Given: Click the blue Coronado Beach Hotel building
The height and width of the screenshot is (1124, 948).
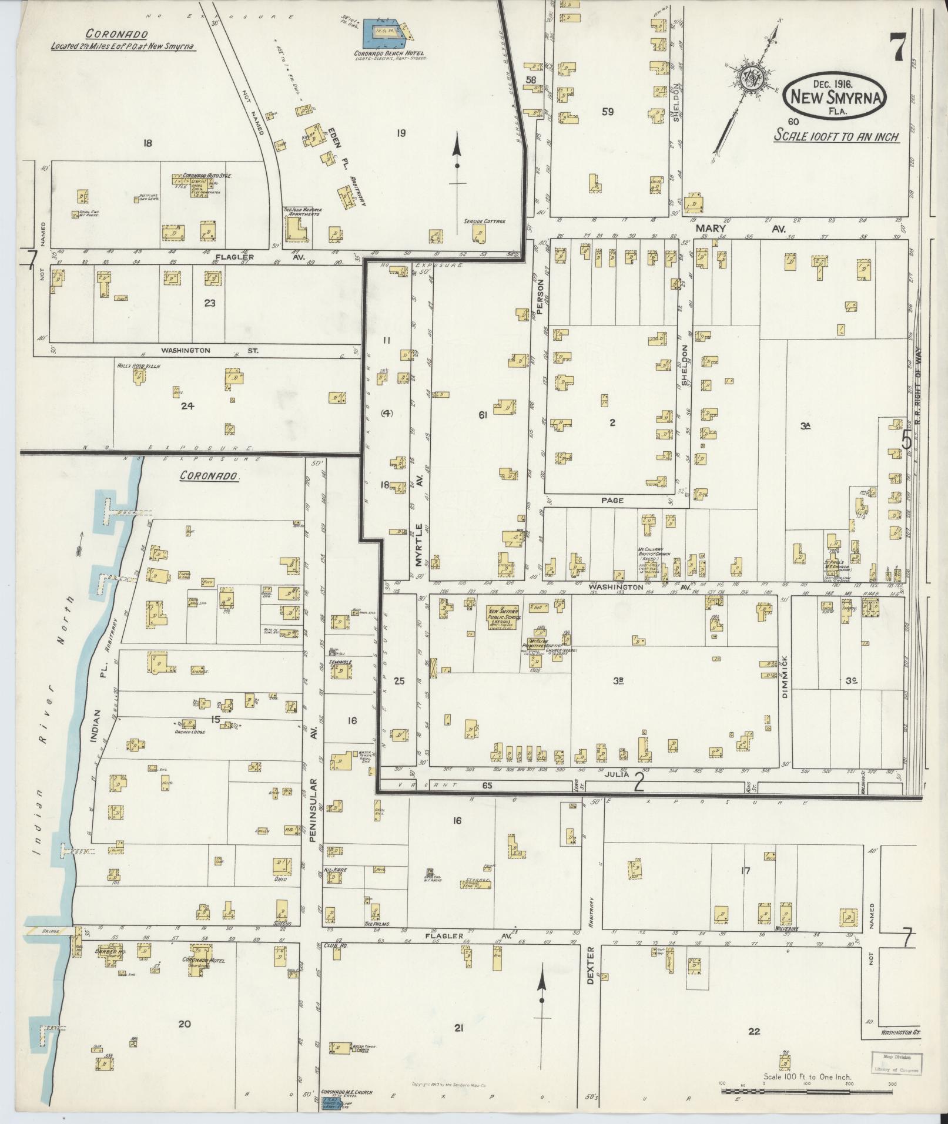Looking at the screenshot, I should point(386,33).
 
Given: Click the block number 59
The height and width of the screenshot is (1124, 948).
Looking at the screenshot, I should point(607,111).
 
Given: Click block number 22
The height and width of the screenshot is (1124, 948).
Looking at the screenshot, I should point(753,1031).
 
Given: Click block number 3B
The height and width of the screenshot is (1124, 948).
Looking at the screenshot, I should point(618,680).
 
